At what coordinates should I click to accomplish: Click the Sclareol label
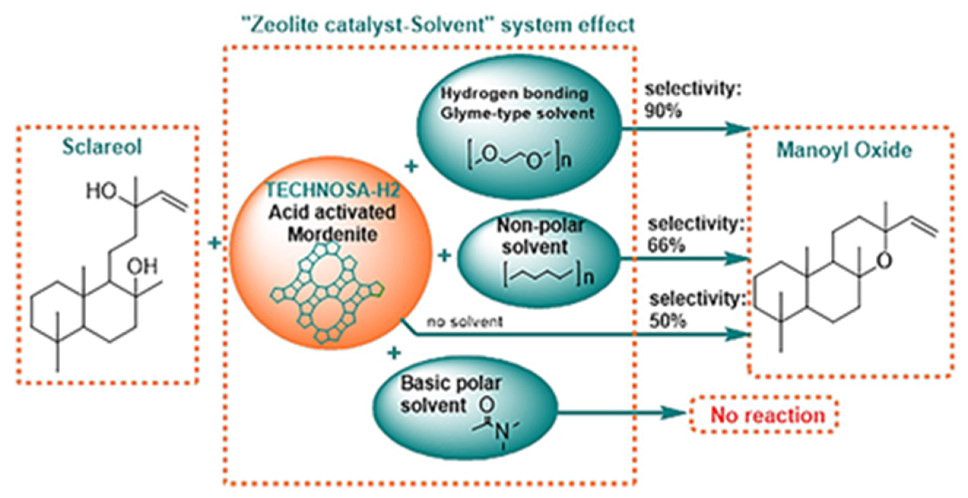coord(102,146)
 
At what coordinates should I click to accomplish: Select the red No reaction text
coord(767,415)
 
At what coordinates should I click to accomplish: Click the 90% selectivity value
coord(663,111)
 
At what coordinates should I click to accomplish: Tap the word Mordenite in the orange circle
coord(333,235)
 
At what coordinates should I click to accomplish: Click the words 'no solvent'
coord(464,322)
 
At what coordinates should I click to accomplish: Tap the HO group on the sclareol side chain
coord(101,191)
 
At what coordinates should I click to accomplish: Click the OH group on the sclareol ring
coord(142,266)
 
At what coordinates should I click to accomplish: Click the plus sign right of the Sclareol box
coord(215,243)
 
